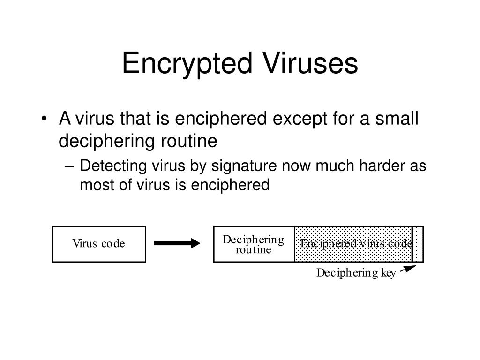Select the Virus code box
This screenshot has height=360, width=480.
pos(99,244)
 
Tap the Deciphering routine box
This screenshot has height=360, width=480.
pos(254,244)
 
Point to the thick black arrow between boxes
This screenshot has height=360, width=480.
pos(177,243)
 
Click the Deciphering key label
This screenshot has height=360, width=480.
pos(356,273)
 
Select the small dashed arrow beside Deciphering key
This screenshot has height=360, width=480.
pos(408,269)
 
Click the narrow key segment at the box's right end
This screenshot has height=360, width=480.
pos(418,244)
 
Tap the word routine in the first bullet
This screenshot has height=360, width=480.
pos(189,141)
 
